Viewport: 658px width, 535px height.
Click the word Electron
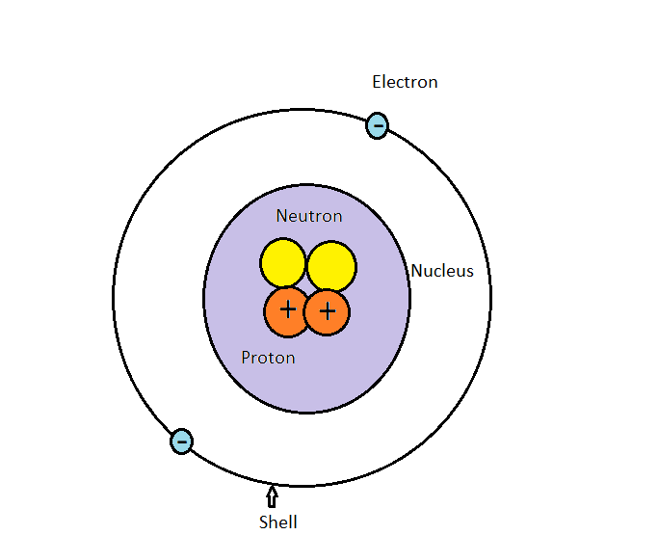(x=405, y=82)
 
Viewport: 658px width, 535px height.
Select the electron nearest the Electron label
(x=378, y=125)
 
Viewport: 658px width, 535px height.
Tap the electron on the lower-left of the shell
(x=181, y=441)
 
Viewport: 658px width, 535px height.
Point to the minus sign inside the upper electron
(x=378, y=125)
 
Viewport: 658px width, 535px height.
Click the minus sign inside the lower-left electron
(x=181, y=441)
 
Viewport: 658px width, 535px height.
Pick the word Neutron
(x=308, y=216)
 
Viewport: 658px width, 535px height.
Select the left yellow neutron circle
(x=283, y=263)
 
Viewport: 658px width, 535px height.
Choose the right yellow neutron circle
(x=331, y=266)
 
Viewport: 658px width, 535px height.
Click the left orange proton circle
(x=287, y=311)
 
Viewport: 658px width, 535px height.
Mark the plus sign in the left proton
(x=287, y=309)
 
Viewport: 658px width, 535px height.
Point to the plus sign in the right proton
(x=328, y=311)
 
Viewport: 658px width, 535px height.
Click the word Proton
(x=268, y=358)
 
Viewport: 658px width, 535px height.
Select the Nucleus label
(x=442, y=271)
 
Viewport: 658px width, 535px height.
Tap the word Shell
(x=277, y=522)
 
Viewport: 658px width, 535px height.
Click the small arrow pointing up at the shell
(x=272, y=496)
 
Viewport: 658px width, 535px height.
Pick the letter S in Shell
(x=263, y=522)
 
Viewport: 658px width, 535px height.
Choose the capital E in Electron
(x=378, y=82)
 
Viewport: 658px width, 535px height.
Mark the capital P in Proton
(x=246, y=358)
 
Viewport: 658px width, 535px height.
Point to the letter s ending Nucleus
(x=470, y=272)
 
